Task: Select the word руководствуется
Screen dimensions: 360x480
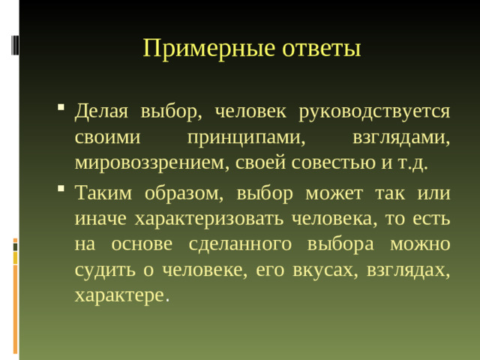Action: pyautogui.click(x=374, y=112)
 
